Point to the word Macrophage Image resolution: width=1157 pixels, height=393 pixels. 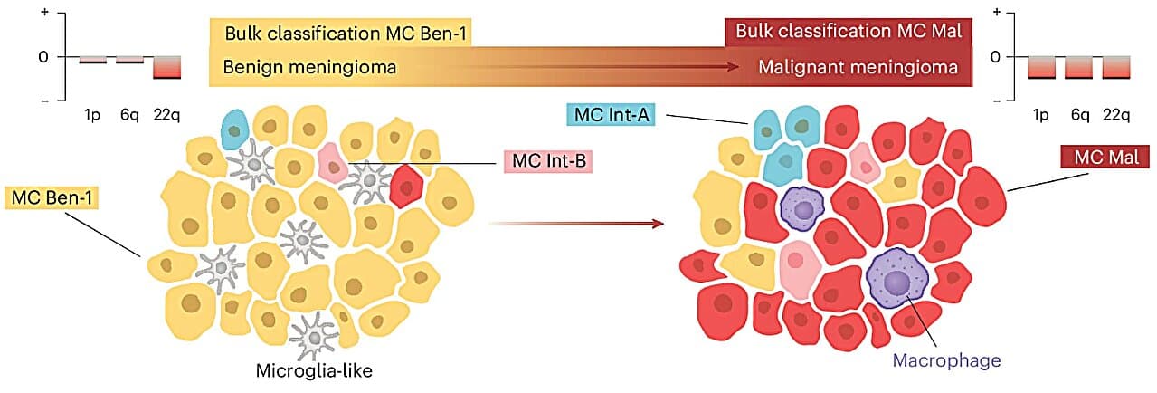(x=947, y=360)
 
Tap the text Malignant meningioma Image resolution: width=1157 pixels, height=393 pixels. (x=858, y=68)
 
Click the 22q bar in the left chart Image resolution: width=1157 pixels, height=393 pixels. (x=167, y=67)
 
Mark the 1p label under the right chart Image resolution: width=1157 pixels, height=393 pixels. (x=1041, y=114)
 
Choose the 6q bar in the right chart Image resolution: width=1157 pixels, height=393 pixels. (x=1078, y=67)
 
